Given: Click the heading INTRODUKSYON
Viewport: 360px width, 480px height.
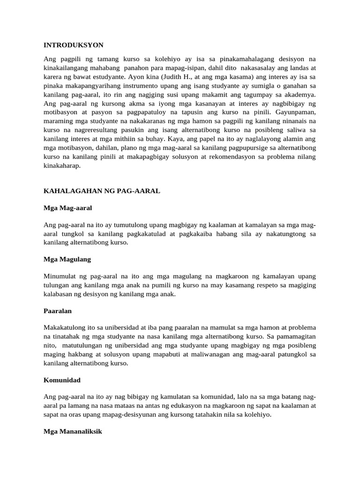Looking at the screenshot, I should tap(74, 45).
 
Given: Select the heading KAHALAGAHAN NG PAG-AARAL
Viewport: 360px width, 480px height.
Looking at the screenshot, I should tap(102, 191).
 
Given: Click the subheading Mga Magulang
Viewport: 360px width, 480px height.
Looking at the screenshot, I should tap(67, 259).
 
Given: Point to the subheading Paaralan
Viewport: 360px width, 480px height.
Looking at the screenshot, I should tap(58, 310).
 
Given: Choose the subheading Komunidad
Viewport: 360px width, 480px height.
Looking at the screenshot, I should tap(61, 379).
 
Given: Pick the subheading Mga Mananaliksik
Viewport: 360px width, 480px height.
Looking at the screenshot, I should tap(73, 431).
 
